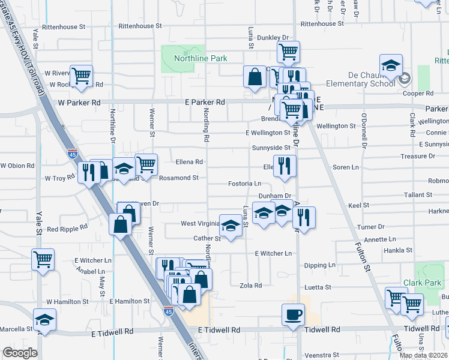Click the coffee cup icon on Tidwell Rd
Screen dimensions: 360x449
pos(294,315)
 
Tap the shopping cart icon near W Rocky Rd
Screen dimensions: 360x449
pos(81,76)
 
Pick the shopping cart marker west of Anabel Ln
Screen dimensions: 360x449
pos(43,260)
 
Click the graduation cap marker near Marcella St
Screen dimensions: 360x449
pos(44,320)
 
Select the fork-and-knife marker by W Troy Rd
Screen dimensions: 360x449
pos(89,173)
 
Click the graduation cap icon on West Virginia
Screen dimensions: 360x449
pos(229,226)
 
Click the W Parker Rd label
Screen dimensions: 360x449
pos(79,103)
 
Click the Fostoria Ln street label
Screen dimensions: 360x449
pos(245,184)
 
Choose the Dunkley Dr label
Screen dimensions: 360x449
pos(273,38)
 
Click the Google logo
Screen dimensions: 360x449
pos(20,353)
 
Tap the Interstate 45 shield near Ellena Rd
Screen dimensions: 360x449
pos(73,154)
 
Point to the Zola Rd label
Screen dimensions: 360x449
pos(250,286)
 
